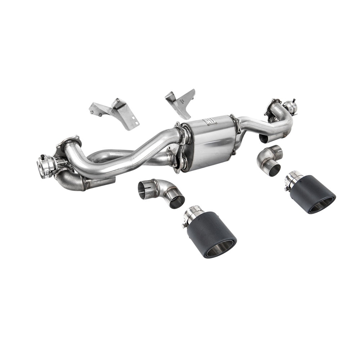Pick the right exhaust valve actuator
click(x=289, y=106)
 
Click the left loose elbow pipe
click(x=162, y=193)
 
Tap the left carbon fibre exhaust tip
click(x=212, y=234)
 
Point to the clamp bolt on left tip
click(x=185, y=225)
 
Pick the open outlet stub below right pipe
click(x=264, y=138)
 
